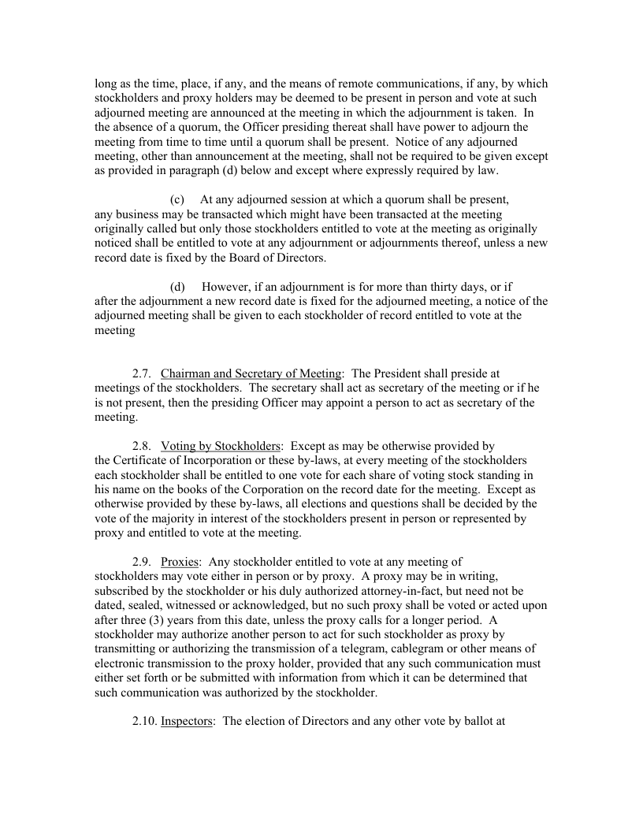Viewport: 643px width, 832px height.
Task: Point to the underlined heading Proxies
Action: coord(180,562)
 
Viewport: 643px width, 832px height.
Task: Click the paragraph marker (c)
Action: coord(177,199)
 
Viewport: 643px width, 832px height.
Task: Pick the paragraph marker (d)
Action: coord(178,286)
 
